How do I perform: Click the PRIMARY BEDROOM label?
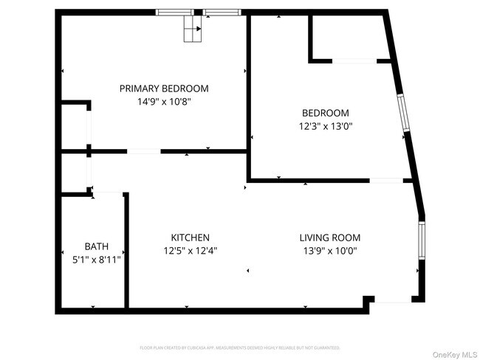coord(164,89)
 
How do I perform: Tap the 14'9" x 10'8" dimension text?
coord(164,102)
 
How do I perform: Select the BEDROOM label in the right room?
coord(325,113)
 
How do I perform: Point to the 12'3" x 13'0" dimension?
coord(325,126)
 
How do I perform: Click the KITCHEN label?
coord(190,238)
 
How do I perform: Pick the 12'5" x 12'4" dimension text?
coord(190,250)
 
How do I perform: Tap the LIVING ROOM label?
coord(329,238)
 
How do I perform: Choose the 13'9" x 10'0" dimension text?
coord(329,250)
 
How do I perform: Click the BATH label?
coord(96,246)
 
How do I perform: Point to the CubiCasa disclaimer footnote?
coord(239,347)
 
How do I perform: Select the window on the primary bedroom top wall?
coord(198,12)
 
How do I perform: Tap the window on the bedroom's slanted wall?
coord(402,114)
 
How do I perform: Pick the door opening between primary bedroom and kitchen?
coord(144,152)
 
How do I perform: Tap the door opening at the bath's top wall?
coord(108,193)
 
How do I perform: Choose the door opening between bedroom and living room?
coord(385,180)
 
